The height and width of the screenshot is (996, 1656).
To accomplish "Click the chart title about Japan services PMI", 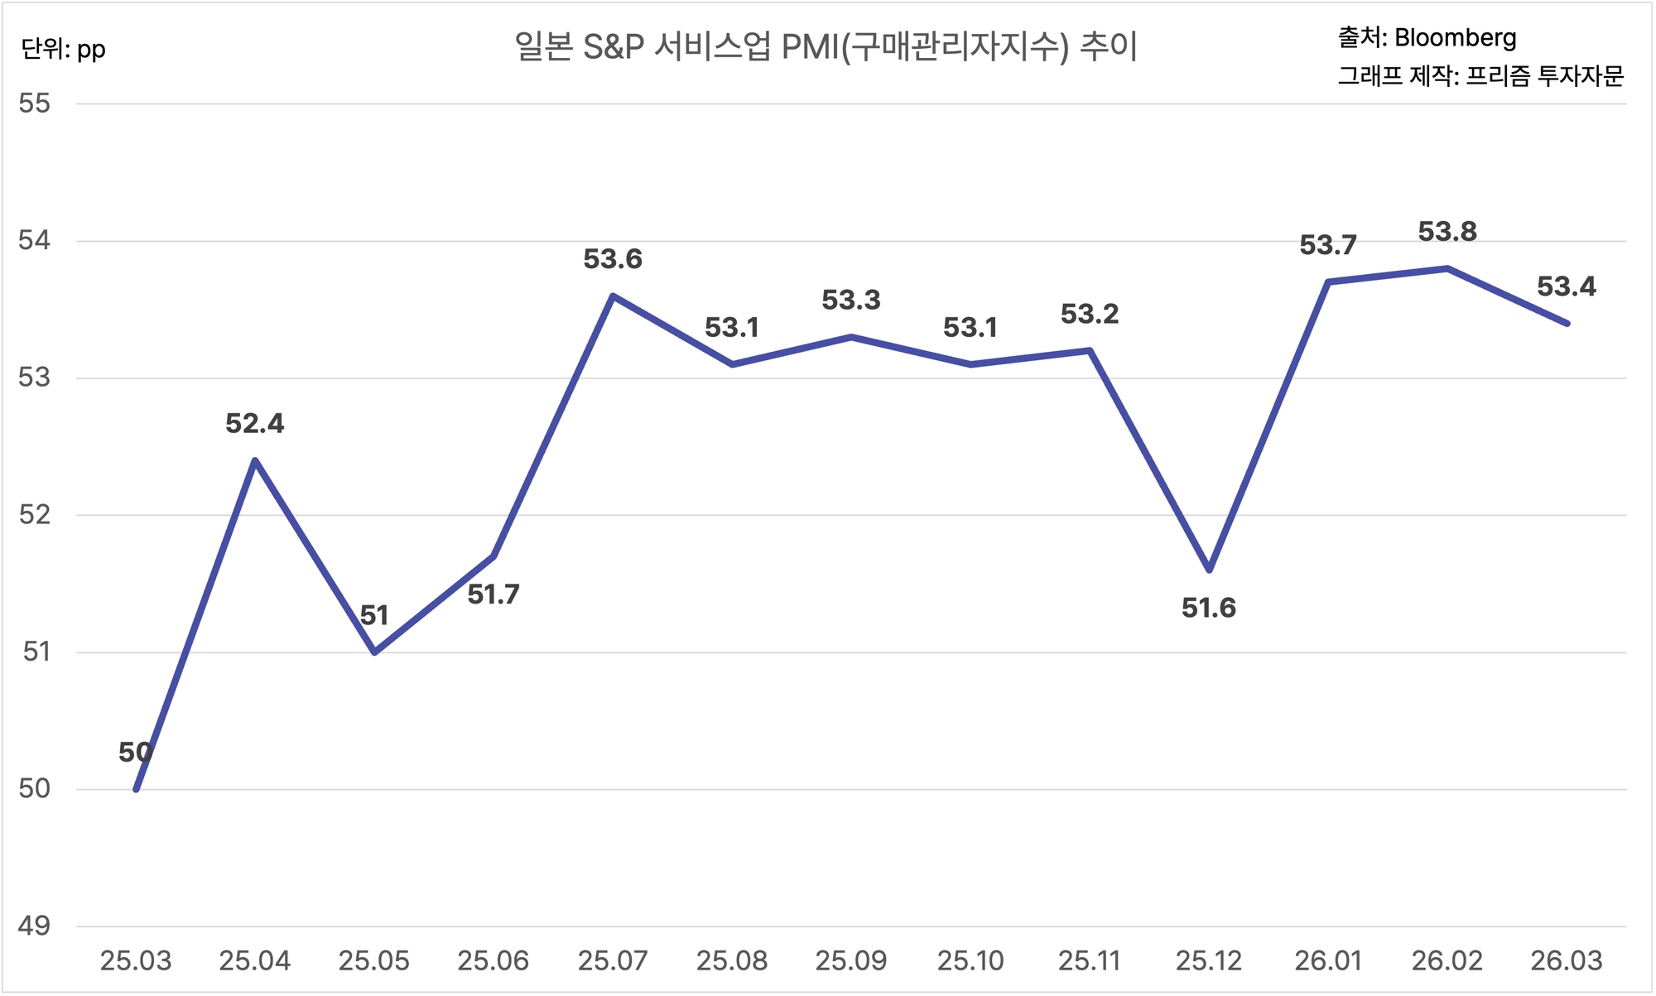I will (826, 47).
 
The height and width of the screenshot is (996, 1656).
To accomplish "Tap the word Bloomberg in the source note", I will (1455, 38).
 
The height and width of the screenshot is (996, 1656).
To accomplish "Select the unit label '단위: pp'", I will (64, 50).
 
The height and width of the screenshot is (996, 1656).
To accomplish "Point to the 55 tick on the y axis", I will (35, 103).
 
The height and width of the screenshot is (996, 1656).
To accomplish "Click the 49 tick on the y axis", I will (35, 926).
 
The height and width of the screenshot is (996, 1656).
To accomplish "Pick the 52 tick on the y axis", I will (35, 515).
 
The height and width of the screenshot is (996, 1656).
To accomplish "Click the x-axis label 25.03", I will (136, 961).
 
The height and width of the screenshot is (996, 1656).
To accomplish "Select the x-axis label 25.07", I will (613, 961).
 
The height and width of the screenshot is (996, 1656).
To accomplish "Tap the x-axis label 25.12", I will (1209, 961).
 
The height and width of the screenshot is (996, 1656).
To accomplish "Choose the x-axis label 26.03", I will (1567, 961).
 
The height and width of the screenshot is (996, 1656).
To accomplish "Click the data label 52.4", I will (255, 424).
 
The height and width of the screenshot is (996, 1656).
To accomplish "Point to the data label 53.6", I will (613, 260).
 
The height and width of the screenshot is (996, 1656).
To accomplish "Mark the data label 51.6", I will (1209, 609).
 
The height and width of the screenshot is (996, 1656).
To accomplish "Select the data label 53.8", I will (1447, 232).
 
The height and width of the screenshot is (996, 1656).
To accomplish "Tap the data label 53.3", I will (851, 301).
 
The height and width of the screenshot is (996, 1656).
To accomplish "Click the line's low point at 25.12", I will (1210, 570).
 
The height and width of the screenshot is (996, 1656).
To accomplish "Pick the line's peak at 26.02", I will (1447, 268).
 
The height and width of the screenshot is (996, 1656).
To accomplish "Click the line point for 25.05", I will (375, 652).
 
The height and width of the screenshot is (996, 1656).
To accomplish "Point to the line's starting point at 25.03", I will (137, 789).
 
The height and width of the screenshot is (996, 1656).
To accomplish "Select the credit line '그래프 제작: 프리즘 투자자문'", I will (1481, 76).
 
